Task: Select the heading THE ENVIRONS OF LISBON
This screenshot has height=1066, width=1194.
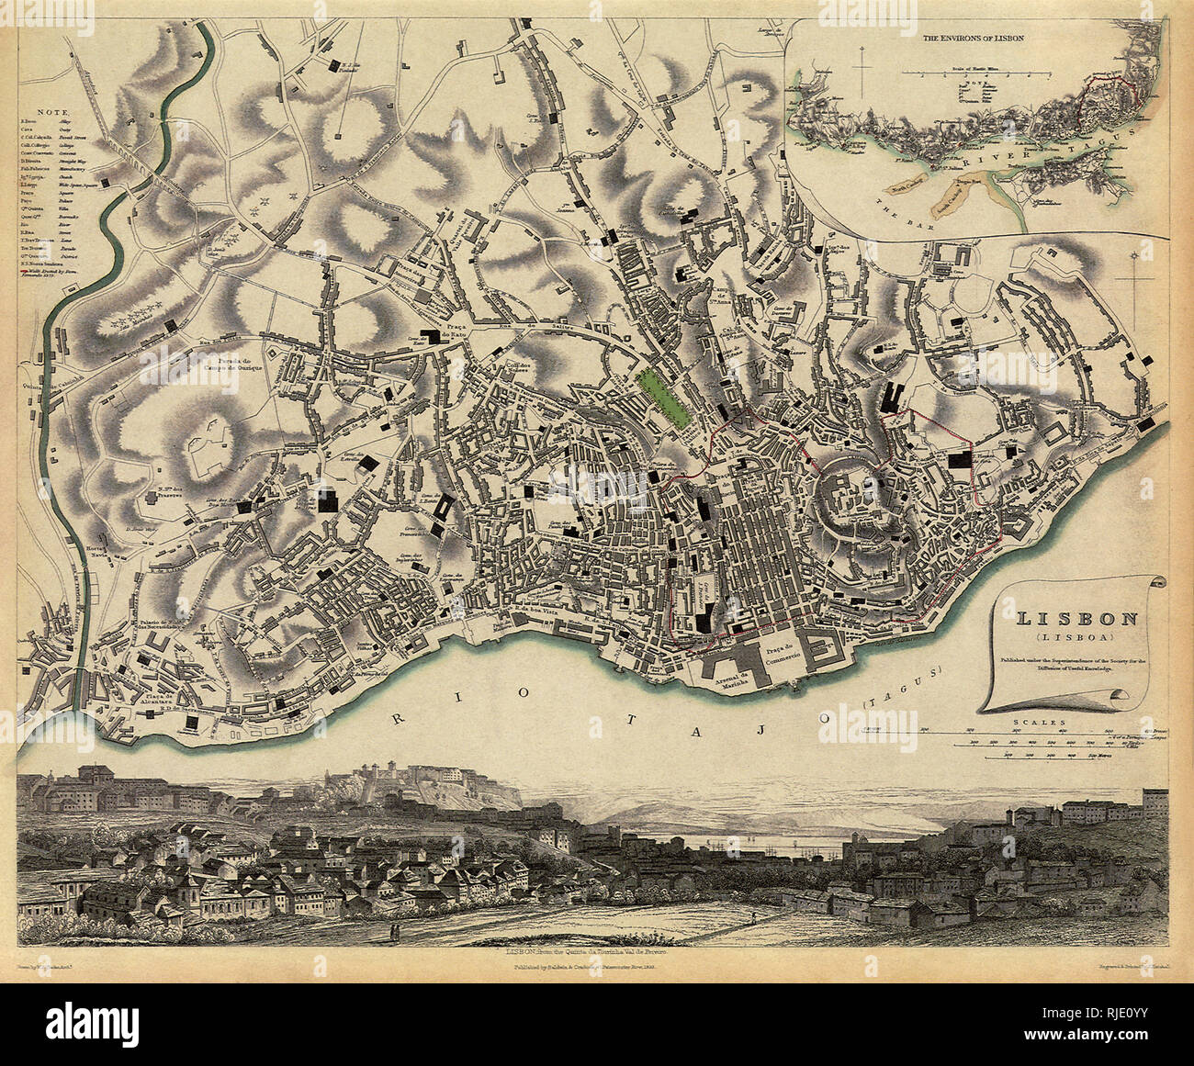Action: pyautogui.click(x=974, y=40)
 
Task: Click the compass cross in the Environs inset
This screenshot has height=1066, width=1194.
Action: pyautogui.click(x=862, y=71)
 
